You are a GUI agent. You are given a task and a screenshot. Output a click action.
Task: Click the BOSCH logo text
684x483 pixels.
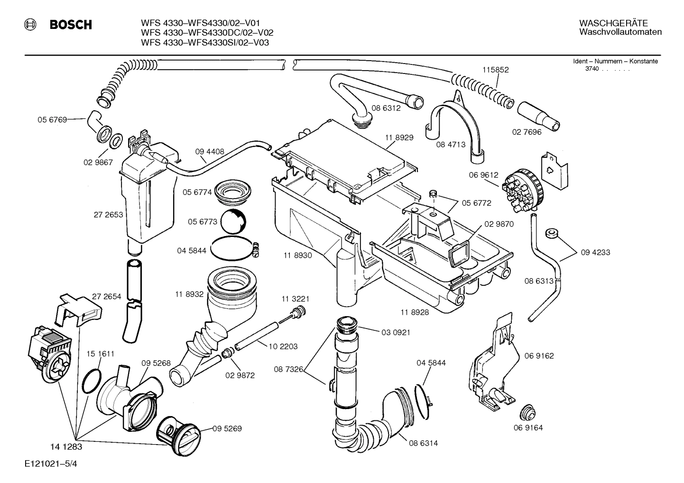(71, 25)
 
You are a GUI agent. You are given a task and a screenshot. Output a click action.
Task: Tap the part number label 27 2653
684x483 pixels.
(108, 215)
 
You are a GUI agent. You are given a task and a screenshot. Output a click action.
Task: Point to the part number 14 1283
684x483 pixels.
(66, 447)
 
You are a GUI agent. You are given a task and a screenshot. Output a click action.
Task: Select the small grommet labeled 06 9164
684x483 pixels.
(527, 413)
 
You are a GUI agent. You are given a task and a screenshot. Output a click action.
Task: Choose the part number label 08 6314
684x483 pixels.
(423, 443)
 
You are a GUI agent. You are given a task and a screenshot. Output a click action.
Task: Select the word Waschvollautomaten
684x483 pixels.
(620, 32)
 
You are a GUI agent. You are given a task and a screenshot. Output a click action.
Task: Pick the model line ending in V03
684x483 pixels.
(205, 42)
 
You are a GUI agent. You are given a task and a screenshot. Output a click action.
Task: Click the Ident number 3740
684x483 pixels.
(592, 69)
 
